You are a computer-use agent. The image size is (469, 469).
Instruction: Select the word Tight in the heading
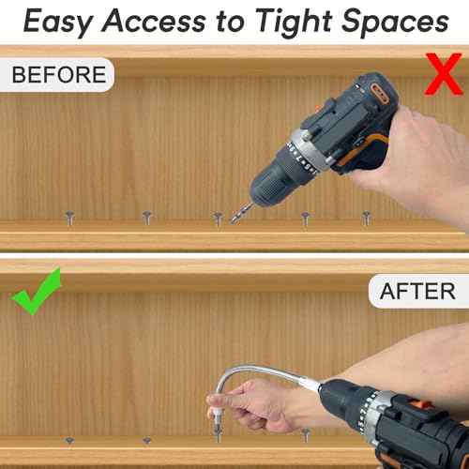pos(297,21)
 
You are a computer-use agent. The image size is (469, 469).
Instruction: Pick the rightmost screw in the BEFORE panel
pos(367,217)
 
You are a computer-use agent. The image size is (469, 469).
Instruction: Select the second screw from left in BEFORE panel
pos(146,217)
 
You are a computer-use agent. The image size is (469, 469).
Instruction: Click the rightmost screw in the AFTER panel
pos(305,433)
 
